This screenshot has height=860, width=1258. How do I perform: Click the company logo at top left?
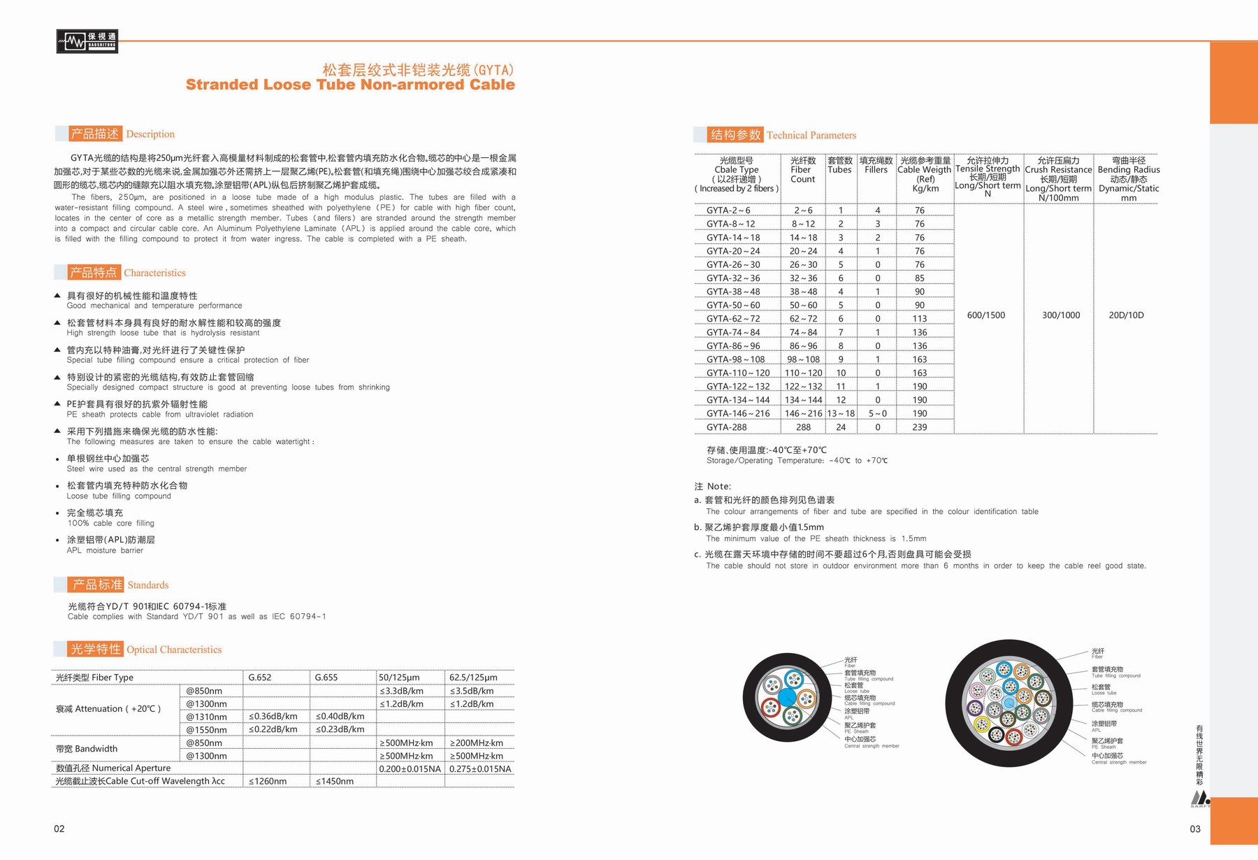click(x=87, y=41)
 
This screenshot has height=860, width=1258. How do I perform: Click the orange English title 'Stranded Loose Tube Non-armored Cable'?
click(x=350, y=85)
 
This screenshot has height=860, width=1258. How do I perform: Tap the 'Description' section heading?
click(x=150, y=134)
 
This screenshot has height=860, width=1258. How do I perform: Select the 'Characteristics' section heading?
click(x=154, y=273)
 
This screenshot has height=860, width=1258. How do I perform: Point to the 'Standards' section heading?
click(x=147, y=585)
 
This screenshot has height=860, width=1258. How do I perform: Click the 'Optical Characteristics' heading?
click(x=173, y=650)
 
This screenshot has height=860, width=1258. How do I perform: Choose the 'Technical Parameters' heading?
click(x=811, y=135)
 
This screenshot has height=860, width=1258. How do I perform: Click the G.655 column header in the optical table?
click(x=326, y=678)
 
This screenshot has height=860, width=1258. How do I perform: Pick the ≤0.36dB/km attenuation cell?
click(x=273, y=717)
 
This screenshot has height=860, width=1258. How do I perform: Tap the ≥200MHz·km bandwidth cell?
click(x=476, y=743)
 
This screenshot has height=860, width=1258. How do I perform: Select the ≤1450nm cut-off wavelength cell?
click(x=335, y=782)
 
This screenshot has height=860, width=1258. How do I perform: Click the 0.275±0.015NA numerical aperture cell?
click(x=480, y=769)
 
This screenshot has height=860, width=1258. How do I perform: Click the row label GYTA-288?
click(x=726, y=427)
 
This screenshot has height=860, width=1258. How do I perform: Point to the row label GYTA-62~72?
click(x=732, y=319)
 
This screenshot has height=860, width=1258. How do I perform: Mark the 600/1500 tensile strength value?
click(x=985, y=315)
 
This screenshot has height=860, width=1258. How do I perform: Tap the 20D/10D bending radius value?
click(x=1126, y=315)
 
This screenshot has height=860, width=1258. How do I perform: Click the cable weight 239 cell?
click(x=919, y=427)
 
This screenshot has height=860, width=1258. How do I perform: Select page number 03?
click(x=1194, y=829)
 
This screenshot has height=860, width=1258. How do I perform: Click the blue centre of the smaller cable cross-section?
click(x=787, y=697)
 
